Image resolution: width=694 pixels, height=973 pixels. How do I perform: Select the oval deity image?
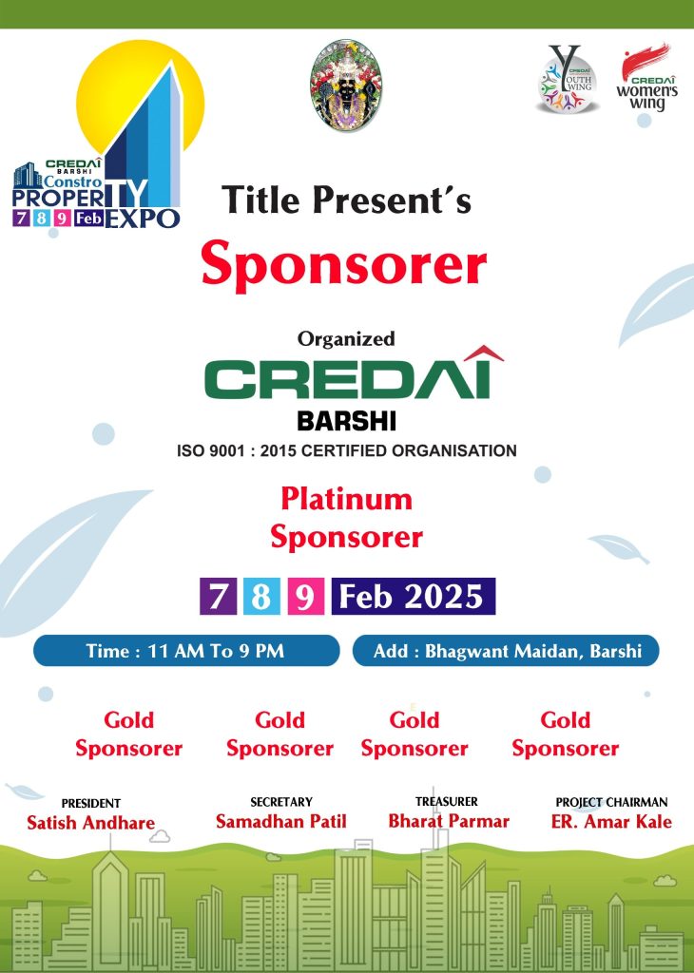click(x=346, y=85)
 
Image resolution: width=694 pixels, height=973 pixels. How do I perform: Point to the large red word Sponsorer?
click(x=344, y=265)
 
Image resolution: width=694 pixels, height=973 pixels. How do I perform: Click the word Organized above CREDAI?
click(x=346, y=339)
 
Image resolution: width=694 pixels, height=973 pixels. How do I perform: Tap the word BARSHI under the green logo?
click(x=346, y=422)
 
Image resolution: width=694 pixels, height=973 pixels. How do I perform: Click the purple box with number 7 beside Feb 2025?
click(x=218, y=597)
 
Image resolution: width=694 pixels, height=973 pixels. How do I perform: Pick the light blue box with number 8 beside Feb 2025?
click(x=261, y=597)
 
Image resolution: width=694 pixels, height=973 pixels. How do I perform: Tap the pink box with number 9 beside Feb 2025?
click(x=305, y=597)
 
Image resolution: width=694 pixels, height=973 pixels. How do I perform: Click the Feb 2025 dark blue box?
click(x=414, y=597)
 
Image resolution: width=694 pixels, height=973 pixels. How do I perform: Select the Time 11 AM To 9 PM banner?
click(x=186, y=650)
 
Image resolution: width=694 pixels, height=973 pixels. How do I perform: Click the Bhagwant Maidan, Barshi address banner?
click(x=506, y=650)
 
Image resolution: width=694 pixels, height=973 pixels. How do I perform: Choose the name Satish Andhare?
click(x=90, y=823)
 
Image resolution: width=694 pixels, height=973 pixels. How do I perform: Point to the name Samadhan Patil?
click(x=281, y=822)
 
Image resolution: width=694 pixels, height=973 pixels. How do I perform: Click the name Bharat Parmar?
click(x=448, y=821)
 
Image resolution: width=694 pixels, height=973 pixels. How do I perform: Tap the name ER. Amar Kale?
click(x=611, y=822)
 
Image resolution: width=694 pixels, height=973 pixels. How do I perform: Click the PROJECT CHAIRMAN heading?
click(x=611, y=802)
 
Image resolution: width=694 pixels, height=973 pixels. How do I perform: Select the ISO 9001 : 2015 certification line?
click(x=346, y=450)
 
